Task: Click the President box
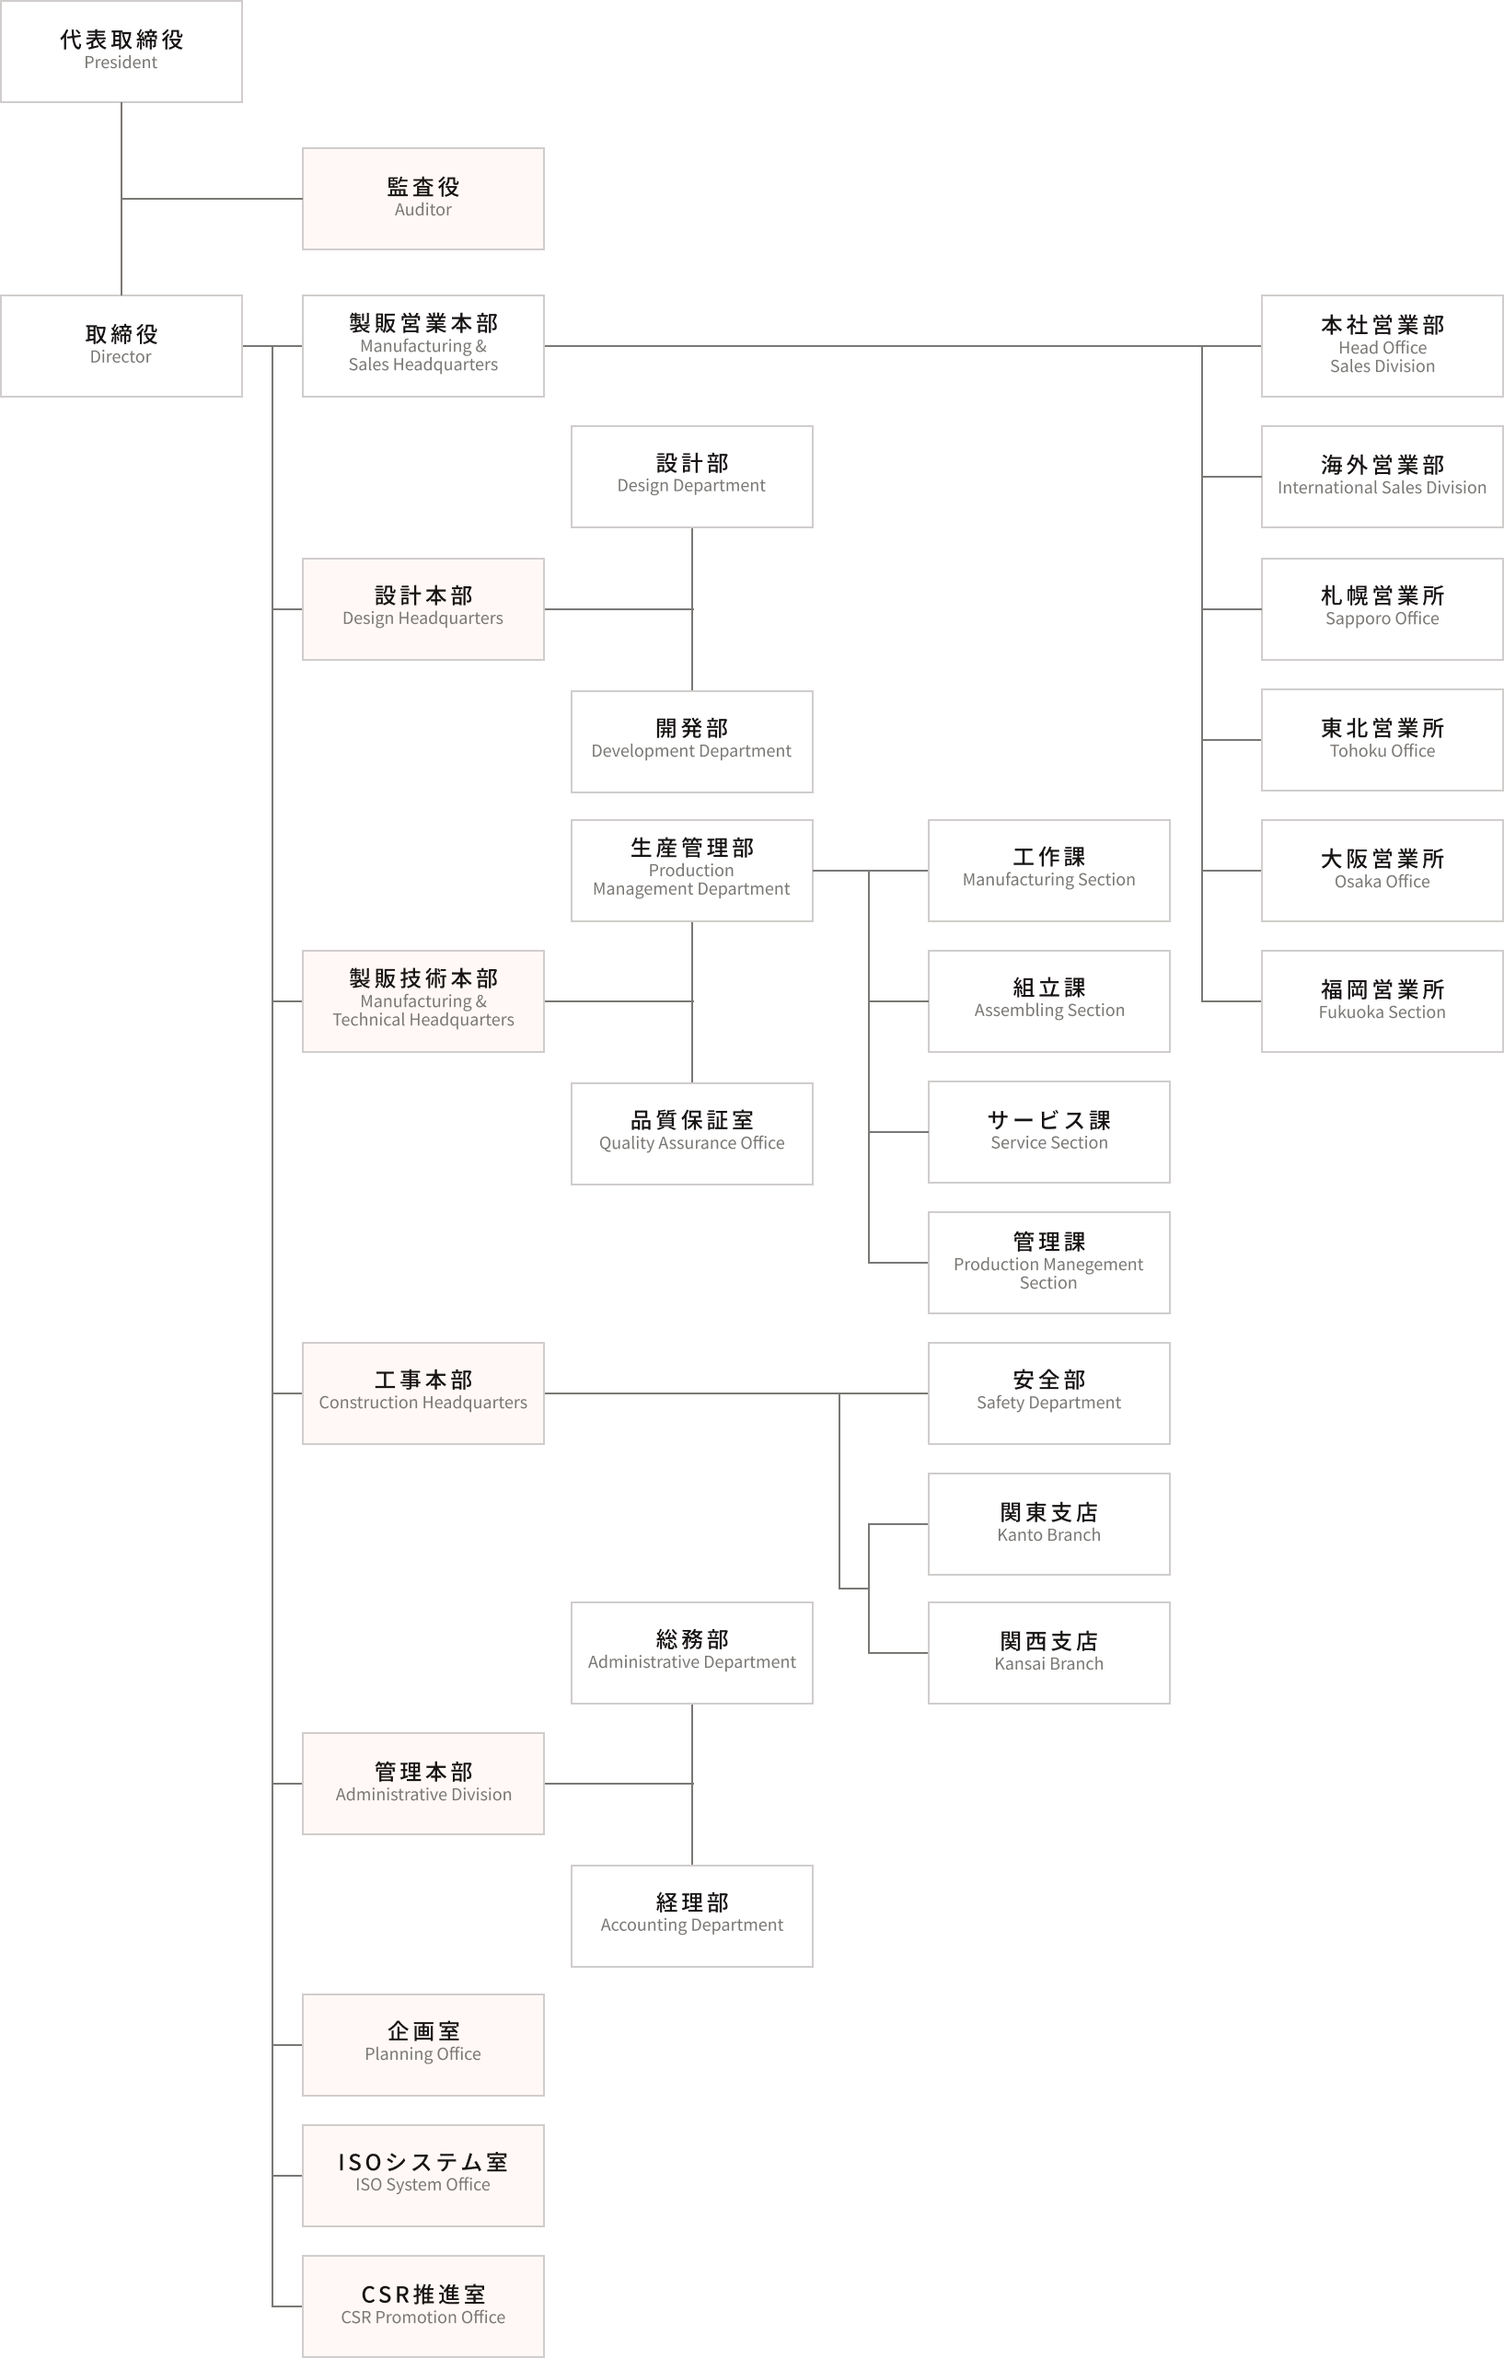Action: point(121,51)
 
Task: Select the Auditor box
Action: point(423,199)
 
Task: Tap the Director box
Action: point(121,346)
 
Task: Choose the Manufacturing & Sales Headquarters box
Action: point(423,346)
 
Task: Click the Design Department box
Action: point(692,477)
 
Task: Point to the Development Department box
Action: point(692,741)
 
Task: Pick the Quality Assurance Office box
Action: point(692,1133)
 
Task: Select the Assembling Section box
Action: point(1048,1000)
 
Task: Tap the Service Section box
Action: point(1048,1132)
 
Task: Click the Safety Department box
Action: point(1048,1393)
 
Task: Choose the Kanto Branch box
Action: point(1048,1524)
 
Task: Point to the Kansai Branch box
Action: point(1048,1653)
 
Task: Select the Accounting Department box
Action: point(692,1915)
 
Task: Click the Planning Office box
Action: point(423,2045)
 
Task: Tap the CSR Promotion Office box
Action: point(423,2306)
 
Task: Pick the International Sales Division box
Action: point(1382,477)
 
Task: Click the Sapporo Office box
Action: point(1382,609)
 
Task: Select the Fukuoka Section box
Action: point(1382,1000)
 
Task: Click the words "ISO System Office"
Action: point(423,2184)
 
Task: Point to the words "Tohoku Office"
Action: point(1382,750)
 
